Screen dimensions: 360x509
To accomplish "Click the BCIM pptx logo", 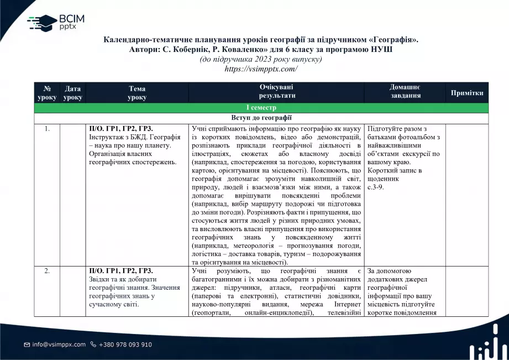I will [56, 23].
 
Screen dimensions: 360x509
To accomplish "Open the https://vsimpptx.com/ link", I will [261, 69].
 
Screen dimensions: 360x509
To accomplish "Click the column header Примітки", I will [467, 93].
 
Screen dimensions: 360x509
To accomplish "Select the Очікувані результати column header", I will [276, 92].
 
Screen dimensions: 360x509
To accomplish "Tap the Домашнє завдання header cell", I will [405, 92].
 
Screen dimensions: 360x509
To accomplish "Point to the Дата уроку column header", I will [72, 93].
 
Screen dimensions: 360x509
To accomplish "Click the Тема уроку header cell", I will [137, 93].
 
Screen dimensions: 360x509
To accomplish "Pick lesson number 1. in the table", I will [48, 129].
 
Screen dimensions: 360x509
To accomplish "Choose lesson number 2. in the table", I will [48, 271].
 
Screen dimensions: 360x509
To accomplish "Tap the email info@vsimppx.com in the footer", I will [59, 345].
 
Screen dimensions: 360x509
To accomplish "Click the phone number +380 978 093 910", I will [125, 345].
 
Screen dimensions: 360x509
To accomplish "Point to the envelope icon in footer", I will [27, 345].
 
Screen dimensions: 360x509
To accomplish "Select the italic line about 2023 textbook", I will [261, 59].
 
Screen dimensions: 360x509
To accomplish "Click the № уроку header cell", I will [47, 93].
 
